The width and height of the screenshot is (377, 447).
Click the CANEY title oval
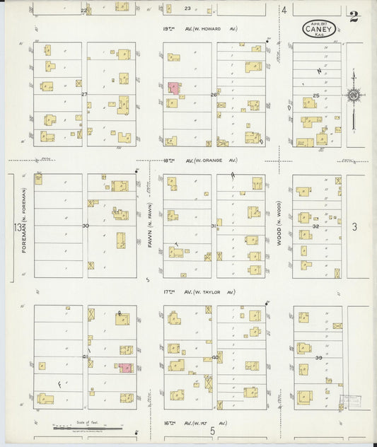pyautogui.click(x=318, y=28)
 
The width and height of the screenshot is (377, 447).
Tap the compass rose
pyautogui.click(x=352, y=94)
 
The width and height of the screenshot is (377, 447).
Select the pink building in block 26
pyautogui.click(x=173, y=88)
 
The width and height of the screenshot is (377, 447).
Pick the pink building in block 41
pyautogui.click(x=125, y=368)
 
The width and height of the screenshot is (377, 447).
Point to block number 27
pyautogui.click(x=83, y=93)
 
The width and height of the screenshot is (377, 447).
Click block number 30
pyautogui.click(x=86, y=226)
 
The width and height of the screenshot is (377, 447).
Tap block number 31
pyautogui.click(x=214, y=226)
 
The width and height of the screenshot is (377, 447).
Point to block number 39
pyautogui.click(x=318, y=358)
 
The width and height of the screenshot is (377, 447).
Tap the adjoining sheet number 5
pyautogui.click(x=211, y=430)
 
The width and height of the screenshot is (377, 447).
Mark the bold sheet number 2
pyautogui.click(x=353, y=17)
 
